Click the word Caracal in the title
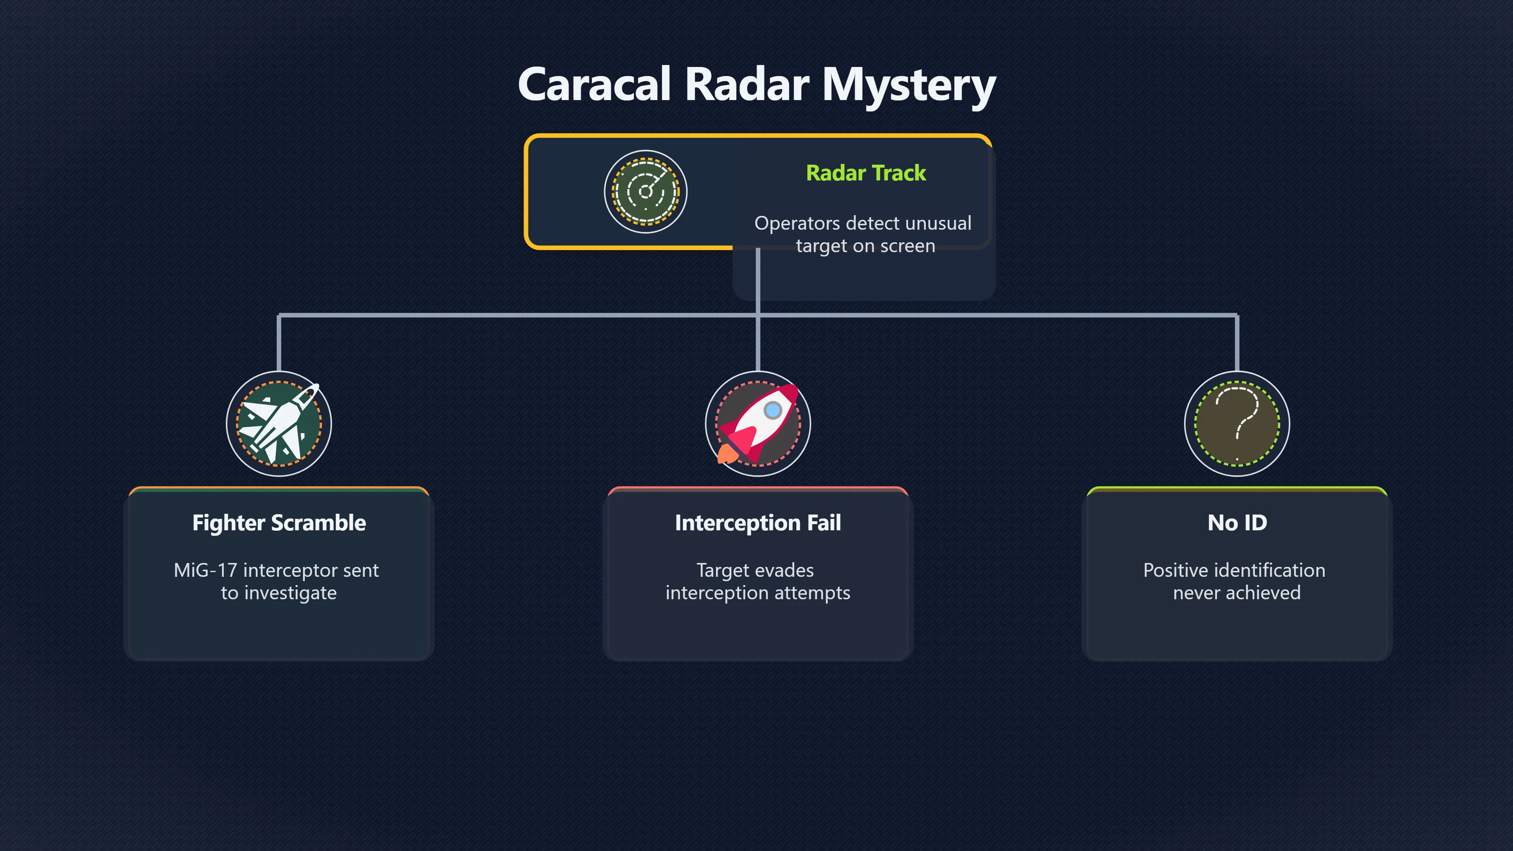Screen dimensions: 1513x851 (595, 84)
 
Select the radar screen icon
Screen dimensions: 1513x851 (645, 191)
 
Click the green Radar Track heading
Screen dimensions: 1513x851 (866, 173)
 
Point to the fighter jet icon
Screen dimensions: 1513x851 (279, 424)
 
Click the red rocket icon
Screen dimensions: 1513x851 (758, 424)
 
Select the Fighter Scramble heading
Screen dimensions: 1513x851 (279, 523)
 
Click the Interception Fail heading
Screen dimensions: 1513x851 (758, 523)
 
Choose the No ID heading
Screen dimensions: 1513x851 (1237, 523)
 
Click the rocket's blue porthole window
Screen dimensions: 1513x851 (773, 410)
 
